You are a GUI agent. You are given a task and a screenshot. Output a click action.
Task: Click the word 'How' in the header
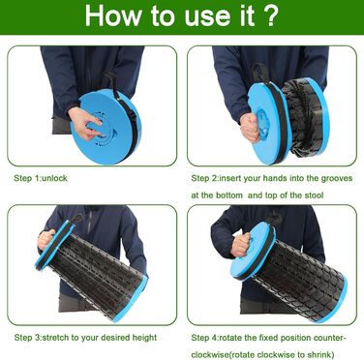(113, 15)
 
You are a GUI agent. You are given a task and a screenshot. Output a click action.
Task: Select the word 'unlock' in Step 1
(54, 178)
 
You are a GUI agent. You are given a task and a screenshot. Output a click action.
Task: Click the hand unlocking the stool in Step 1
(83, 123)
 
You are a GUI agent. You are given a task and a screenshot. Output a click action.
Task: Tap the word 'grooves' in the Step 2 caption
(337, 179)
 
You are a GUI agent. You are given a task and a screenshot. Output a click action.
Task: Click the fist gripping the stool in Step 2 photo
(251, 127)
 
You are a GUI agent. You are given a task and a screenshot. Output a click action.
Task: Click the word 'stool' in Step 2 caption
(314, 195)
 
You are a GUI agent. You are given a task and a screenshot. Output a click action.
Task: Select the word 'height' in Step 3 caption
(144, 338)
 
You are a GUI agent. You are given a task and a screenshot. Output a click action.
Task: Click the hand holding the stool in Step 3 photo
(46, 239)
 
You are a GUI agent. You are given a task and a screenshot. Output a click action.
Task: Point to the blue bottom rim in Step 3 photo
(129, 299)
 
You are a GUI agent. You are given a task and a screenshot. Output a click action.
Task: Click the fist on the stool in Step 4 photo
(241, 245)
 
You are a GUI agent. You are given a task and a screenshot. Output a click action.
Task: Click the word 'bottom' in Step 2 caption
(229, 195)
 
